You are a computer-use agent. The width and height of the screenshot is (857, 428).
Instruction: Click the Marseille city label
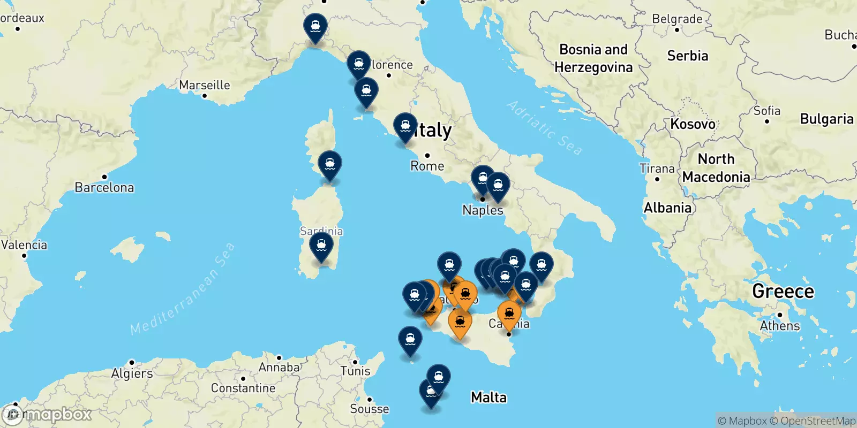tap(205, 85)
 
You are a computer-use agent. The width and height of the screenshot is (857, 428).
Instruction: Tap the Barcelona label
tap(104, 187)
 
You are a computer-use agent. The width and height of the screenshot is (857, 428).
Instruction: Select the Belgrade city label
tap(677, 19)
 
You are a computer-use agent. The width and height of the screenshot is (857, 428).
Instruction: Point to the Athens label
tap(780, 325)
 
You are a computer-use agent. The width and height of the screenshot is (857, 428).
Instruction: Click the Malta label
tap(488, 397)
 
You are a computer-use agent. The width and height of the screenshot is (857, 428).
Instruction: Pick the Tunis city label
tap(356, 371)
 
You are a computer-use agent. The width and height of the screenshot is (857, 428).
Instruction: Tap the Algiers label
tap(132, 373)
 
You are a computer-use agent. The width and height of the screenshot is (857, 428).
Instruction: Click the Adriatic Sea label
tap(544, 128)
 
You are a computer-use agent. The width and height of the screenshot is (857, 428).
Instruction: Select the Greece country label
tap(783, 291)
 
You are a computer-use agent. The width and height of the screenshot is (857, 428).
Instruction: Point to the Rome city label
tap(427, 166)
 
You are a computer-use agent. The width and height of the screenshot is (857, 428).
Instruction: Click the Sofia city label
tap(767, 111)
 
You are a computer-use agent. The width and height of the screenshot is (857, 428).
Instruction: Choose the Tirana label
tap(657, 169)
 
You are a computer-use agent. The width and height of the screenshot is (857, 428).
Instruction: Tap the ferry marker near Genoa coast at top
tap(315, 27)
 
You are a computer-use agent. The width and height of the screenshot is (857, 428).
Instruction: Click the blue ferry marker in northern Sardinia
tap(330, 164)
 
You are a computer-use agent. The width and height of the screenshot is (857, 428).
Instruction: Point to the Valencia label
tap(24, 245)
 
